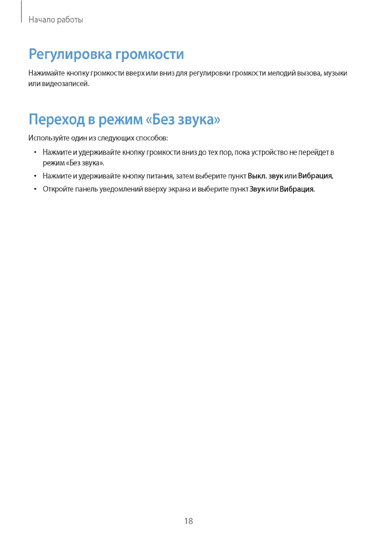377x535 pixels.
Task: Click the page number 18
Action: click(x=188, y=521)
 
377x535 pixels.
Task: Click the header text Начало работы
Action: click(x=56, y=20)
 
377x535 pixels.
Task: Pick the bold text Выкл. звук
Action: click(x=265, y=176)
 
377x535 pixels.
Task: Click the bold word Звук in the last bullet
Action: click(x=257, y=189)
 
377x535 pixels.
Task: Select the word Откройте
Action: click(x=57, y=189)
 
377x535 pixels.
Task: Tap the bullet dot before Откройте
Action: click(x=34, y=189)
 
